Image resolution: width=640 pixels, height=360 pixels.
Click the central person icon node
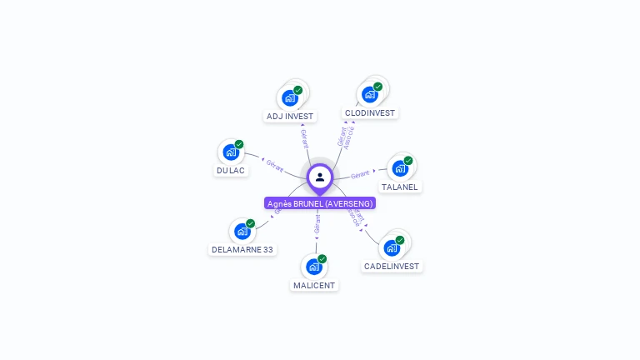tap(320, 177)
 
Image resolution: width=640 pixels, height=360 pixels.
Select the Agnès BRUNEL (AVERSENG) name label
tap(320, 203)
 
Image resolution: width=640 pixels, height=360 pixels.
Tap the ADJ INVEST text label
tap(290, 116)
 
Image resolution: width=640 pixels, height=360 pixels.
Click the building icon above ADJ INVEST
tap(290, 97)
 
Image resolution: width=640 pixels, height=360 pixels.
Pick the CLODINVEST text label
tap(370, 112)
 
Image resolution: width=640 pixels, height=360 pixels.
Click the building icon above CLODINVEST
tap(370, 94)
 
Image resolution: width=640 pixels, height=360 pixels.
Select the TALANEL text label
tap(400, 187)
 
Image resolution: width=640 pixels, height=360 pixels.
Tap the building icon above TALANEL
tap(400, 168)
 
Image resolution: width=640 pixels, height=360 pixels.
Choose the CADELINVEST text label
tap(392, 267)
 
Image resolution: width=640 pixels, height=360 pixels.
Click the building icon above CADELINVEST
tap(392, 247)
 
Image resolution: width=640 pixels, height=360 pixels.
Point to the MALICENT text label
tap(314, 285)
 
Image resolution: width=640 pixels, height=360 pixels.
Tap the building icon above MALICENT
tap(314, 267)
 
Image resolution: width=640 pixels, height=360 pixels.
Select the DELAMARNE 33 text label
tap(242, 249)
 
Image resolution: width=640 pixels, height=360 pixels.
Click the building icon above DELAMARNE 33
tap(242, 231)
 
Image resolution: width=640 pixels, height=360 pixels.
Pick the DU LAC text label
tap(231, 170)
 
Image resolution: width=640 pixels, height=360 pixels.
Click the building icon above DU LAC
tap(231, 152)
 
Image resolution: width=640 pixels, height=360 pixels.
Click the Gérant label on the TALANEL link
tap(360, 174)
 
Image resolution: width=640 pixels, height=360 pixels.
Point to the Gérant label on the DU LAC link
tap(276, 163)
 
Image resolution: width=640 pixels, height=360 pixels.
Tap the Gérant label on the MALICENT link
tap(317, 223)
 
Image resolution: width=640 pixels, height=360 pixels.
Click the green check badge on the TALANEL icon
tap(408, 161)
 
